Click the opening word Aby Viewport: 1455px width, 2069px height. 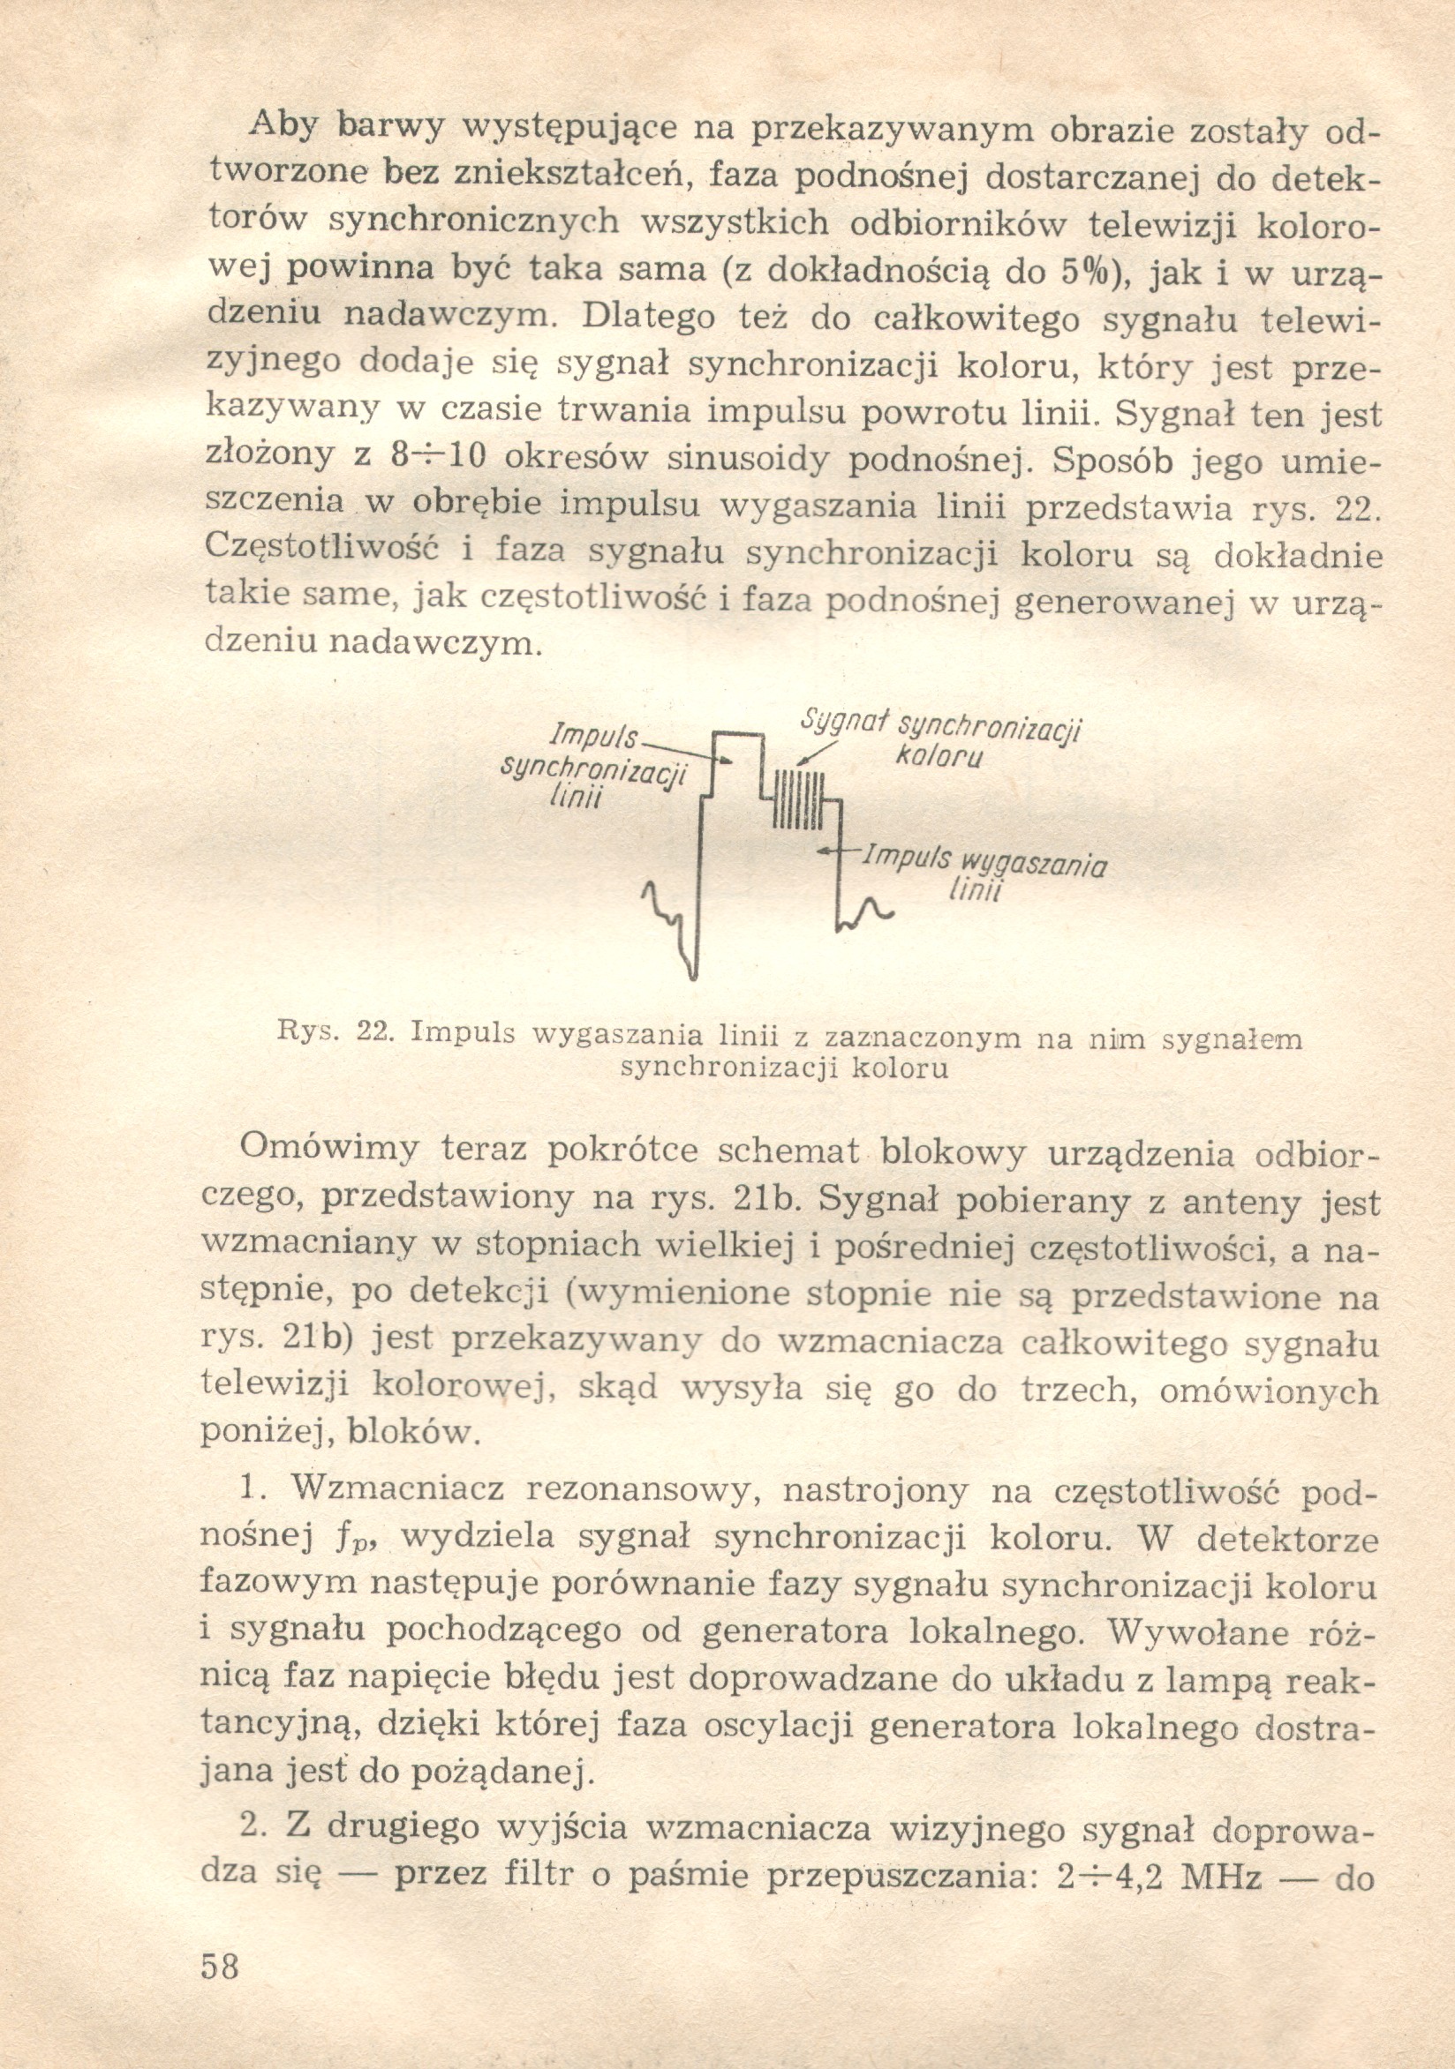pyautogui.click(x=283, y=125)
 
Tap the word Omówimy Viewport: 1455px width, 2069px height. pyautogui.click(x=329, y=1149)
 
